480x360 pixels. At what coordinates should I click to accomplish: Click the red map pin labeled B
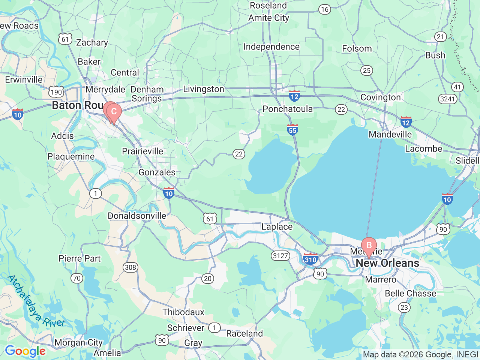tap(369, 246)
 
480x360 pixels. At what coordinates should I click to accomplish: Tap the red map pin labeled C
tap(114, 112)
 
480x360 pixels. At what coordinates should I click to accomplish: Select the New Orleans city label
tap(387, 263)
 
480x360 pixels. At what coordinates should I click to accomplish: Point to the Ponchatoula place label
tap(288, 109)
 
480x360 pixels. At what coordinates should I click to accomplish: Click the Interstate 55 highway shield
tap(292, 129)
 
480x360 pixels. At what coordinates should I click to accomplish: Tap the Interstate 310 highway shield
tap(310, 259)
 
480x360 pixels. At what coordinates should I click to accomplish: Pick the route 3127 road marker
tap(280, 256)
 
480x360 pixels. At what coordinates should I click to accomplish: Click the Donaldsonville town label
tap(137, 216)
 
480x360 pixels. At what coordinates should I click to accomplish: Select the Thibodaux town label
tap(183, 312)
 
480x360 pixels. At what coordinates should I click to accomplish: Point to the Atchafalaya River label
tap(36, 302)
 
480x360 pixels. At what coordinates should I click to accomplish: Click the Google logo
tap(25, 351)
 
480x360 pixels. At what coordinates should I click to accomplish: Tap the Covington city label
tap(381, 97)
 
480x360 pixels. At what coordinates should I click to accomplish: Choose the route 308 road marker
tap(130, 267)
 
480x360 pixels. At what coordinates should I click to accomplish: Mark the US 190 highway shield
tap(56, 92)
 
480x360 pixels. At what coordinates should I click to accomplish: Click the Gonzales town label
tap(157, 172)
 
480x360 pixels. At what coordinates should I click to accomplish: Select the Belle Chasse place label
tap(411, 293)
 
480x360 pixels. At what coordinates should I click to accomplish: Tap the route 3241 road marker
tap(447, 99)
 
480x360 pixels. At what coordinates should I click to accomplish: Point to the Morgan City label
tap(78, 342)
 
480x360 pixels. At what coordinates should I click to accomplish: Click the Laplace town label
tap(277, 226)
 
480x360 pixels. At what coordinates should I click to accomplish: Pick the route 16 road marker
tap(325, 10)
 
